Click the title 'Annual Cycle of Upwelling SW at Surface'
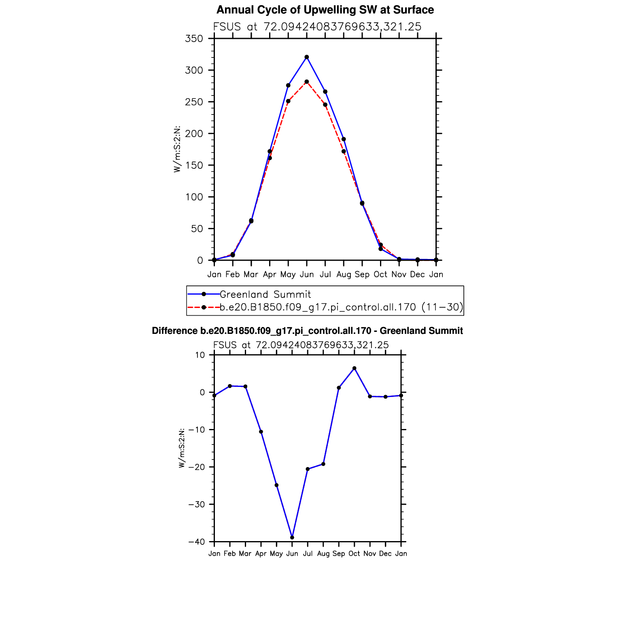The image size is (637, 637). point(325,10)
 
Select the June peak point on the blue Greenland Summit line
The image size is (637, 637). point(307,57)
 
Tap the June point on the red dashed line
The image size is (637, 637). point(307,82)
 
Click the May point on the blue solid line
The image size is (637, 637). point(288,85)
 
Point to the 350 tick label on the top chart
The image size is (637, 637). point(194,39)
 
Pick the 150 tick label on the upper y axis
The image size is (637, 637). point(194,166)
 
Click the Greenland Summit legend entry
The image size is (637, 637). point(265,294)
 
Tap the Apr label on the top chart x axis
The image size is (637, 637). point(270,274)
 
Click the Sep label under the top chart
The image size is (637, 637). point(362,274)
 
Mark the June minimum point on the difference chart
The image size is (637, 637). point(292,537)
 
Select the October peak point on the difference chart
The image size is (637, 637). point(354,368)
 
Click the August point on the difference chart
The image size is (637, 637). point(323,464)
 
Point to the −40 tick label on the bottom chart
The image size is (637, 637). point(197,542)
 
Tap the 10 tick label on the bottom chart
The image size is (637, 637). point(200,355)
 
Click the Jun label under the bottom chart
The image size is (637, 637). point(292,554)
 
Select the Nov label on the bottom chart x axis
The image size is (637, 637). point(370,554)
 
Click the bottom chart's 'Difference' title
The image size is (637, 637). point(307,331)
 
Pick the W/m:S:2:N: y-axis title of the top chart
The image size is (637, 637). point(177,149)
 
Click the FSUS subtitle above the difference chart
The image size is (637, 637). point(301,345)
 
